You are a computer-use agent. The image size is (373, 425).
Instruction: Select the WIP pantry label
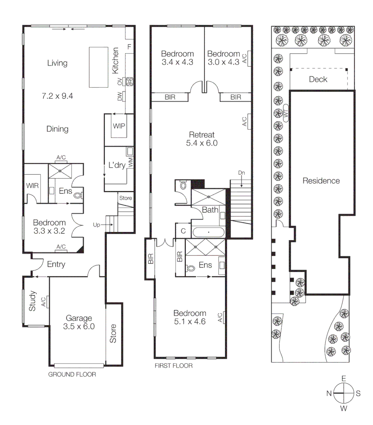119,126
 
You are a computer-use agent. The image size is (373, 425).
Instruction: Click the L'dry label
116,165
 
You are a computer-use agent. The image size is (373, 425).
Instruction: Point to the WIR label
32,185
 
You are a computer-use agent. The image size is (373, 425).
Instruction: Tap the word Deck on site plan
318,79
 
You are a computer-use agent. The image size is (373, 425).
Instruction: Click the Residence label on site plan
321,181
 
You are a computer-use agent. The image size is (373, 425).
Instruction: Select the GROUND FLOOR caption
72,374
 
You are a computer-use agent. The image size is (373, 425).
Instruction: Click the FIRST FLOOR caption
174,366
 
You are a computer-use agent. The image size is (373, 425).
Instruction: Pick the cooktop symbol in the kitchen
129,82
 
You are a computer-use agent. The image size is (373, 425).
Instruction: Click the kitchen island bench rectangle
98,67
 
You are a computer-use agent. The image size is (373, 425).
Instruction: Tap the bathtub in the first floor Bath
208,232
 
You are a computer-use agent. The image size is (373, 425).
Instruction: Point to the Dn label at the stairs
241,173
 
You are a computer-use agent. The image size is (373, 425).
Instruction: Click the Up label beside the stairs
96,225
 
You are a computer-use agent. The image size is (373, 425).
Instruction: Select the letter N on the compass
329,393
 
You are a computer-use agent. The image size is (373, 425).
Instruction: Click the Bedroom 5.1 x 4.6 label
189,317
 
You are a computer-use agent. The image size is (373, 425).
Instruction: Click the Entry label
55,264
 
